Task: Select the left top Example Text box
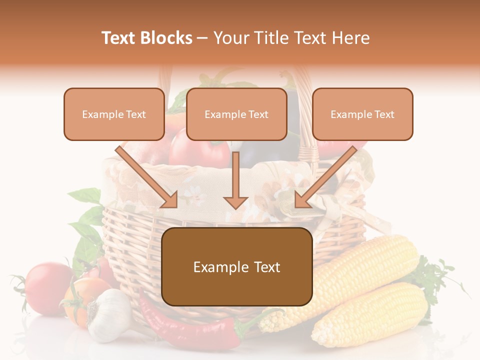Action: click(x=114, y=114)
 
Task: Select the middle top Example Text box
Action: click(x=236, y=114)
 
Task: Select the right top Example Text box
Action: click(x=362, y=114)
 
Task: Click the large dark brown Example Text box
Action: click(x=237, y=266)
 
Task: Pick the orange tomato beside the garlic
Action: click(x=80, y=300)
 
